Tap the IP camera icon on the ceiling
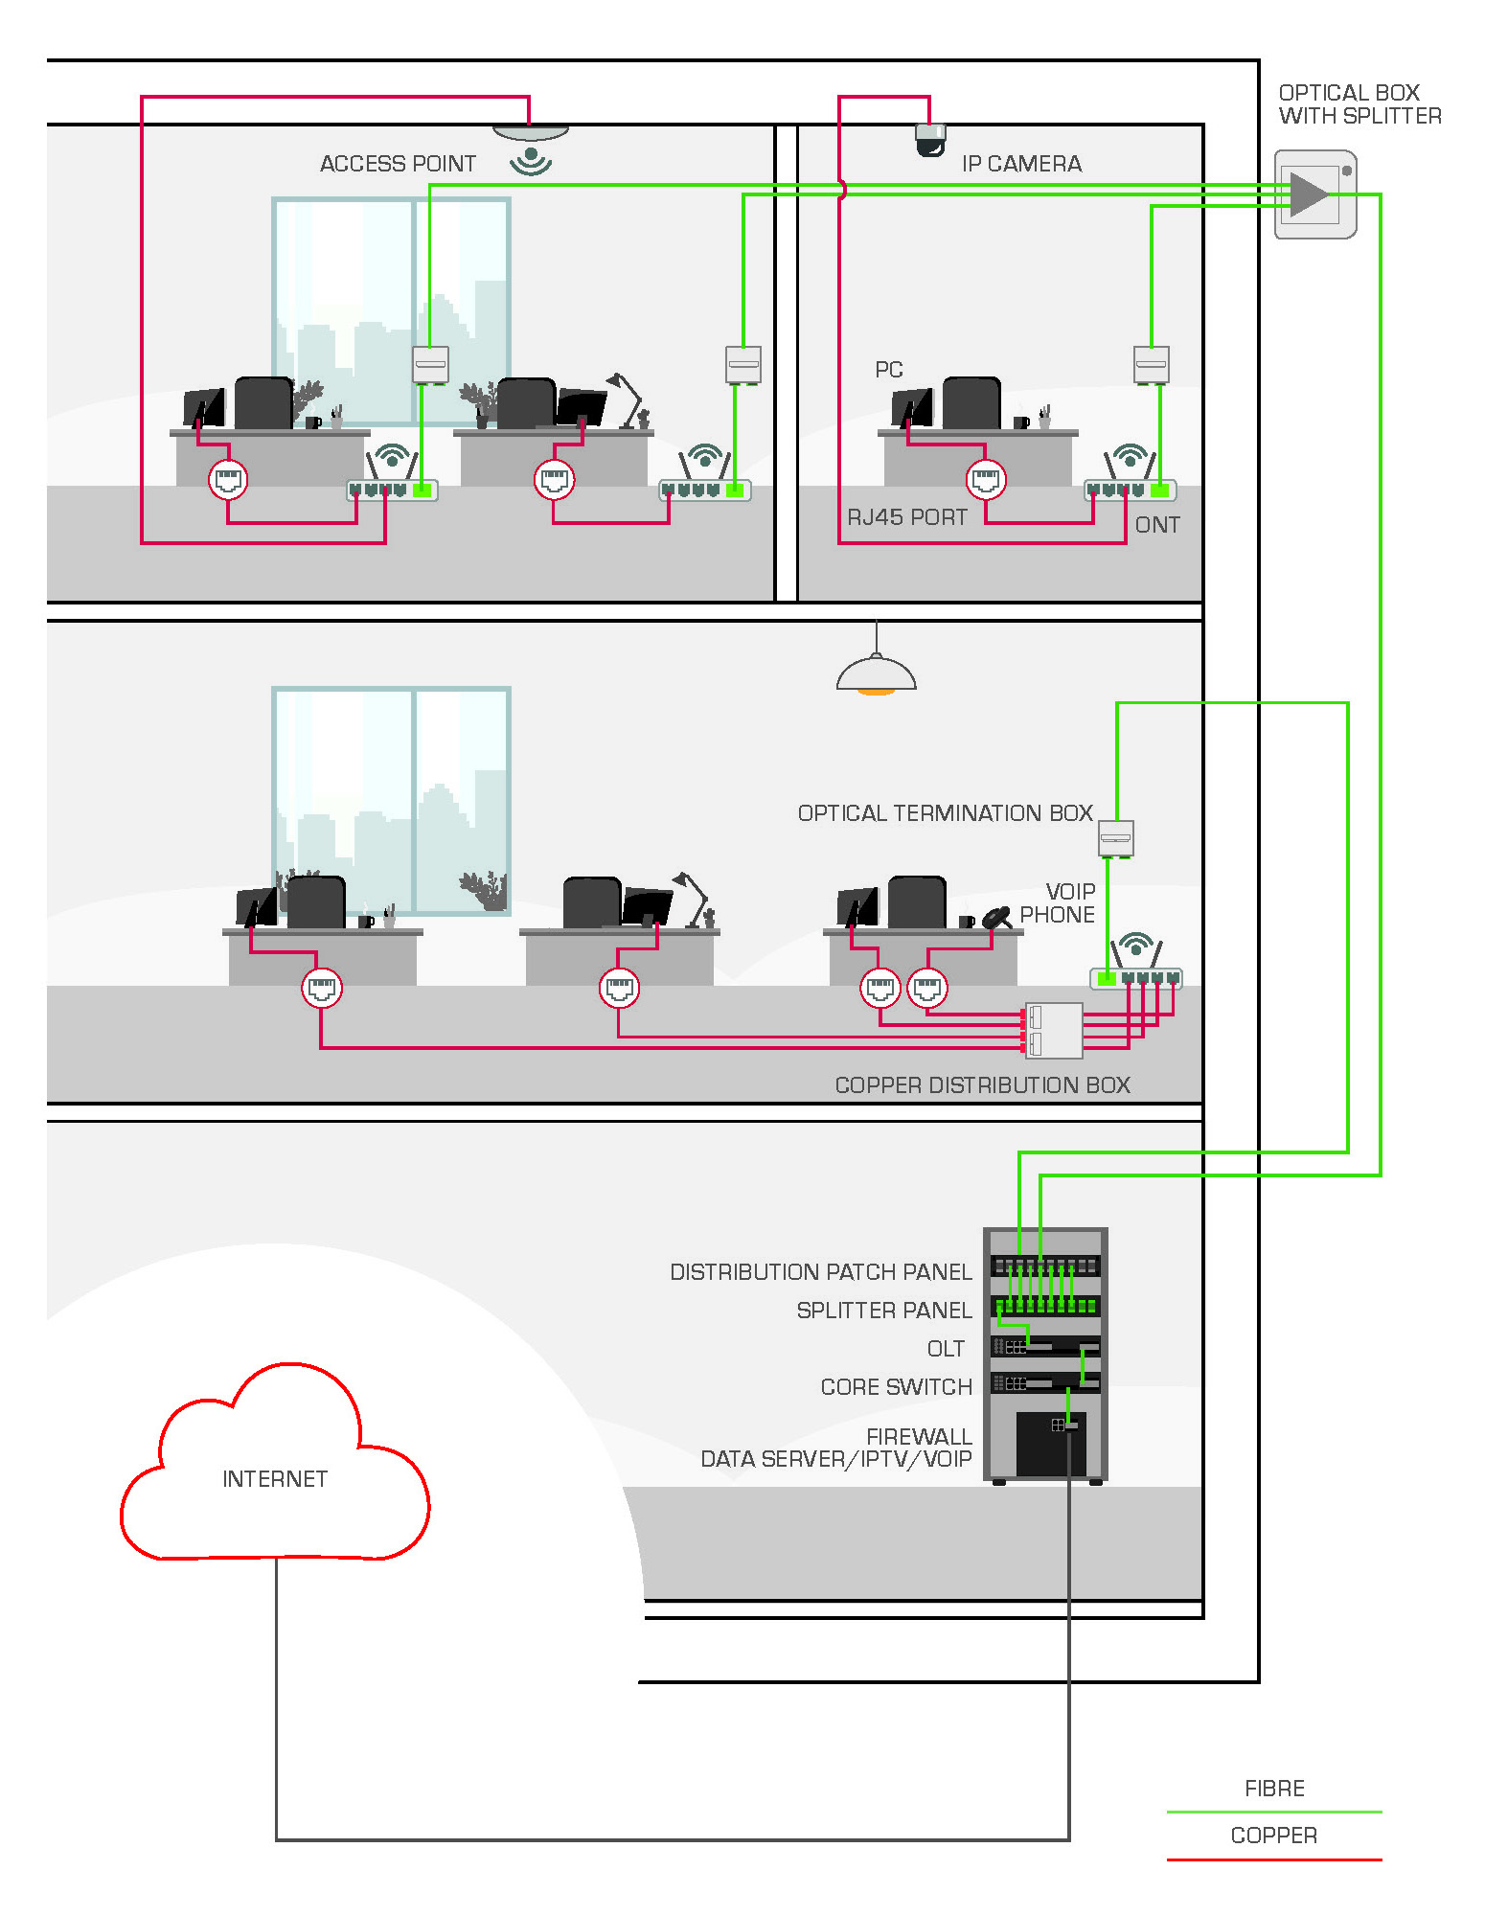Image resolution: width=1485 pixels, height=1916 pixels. tap(929, 141)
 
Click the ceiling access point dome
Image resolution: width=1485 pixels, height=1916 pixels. tap(531, 132)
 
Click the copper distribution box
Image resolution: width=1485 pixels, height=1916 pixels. tap(1054, 1030)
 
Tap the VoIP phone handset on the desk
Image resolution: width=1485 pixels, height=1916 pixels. tap(997, 917)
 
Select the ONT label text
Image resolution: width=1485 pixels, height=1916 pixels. tap(1157, 525)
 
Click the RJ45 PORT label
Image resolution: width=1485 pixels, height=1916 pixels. tap(907, 517)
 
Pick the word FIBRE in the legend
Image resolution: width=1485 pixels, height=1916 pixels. tap(1274, 1789)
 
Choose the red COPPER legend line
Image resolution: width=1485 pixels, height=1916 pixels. tap(1274, 1859)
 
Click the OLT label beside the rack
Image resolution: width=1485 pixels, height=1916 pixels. tap(946, 1349)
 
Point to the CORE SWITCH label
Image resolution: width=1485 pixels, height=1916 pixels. tap(896, 1387)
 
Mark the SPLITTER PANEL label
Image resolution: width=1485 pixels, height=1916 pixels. tap(883, 1311)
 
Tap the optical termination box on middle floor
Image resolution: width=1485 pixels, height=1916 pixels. tap(1115, 838)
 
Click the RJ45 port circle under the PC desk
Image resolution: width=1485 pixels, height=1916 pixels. tap(986, 480)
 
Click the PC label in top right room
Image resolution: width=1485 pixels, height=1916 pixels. tap(889, 370)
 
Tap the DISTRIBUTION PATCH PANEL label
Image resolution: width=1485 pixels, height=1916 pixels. tap(820, 1272)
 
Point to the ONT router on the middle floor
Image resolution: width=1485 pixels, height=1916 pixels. tap(1136, 977)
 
